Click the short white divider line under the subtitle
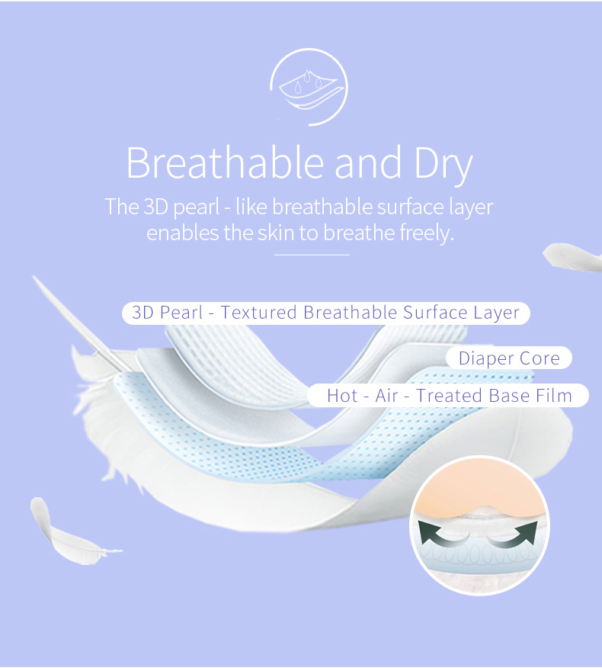[312, 255]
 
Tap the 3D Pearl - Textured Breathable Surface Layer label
[325, 313]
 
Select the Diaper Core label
[509, 358]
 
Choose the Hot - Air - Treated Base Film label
[448, 395]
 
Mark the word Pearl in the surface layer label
[181, 313]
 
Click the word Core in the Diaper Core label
[540, 358]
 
